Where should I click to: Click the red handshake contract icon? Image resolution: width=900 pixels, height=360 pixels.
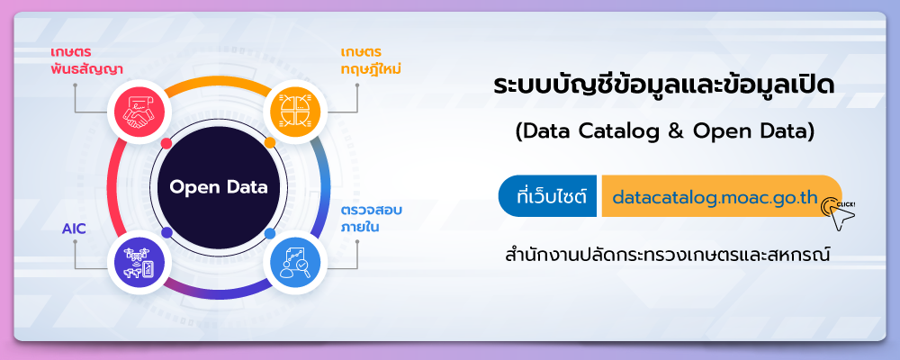pos(139,112)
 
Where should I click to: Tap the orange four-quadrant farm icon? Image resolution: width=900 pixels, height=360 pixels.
pos(295,112)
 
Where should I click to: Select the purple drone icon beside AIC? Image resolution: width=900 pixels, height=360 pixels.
pos(139,263)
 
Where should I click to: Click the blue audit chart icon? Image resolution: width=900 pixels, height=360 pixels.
pos(295,263)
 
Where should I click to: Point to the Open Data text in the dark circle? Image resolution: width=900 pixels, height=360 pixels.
pos(219,188)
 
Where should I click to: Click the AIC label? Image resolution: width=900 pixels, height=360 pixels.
pos(74,229)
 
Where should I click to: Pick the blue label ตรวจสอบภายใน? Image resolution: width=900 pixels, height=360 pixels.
pos(372,218)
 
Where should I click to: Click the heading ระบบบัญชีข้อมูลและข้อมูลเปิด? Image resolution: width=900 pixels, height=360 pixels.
pos(665,88)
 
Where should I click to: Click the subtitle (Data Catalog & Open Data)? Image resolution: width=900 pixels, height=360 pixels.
pos(665,132)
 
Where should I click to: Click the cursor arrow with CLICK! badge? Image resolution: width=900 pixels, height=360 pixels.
pos(839,213)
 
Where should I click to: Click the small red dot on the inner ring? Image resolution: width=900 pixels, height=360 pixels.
pos(166,143)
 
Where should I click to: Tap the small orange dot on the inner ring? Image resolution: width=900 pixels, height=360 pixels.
pos(270,142)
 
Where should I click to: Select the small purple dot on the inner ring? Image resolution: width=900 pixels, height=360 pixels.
pos(167,232)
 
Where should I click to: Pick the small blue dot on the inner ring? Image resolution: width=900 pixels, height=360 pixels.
pos(270,233)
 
